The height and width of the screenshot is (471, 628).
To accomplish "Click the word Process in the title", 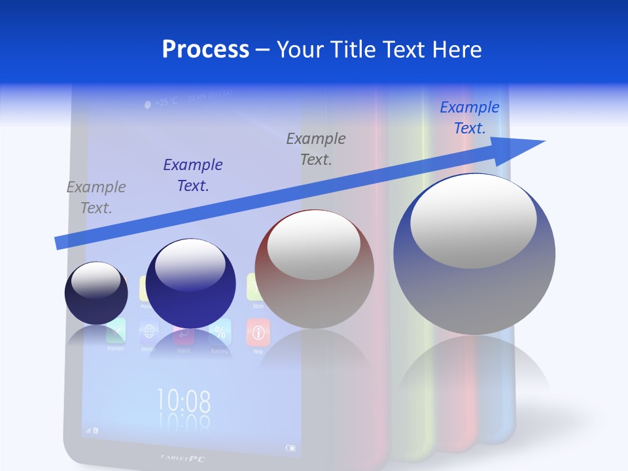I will (205, 50).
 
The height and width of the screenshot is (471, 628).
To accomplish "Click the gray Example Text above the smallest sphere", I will (96, 198).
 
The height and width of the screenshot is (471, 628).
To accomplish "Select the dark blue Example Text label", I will (193, 175).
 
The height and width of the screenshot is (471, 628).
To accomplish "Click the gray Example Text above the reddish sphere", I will (316, 148).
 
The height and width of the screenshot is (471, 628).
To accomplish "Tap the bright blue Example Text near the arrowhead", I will (470, 118).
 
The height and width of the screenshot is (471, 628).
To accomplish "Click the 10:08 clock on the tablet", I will (183, 400).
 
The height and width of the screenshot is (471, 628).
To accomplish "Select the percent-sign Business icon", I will (220, 334).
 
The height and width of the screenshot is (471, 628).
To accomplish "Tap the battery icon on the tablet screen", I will (290, 449).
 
